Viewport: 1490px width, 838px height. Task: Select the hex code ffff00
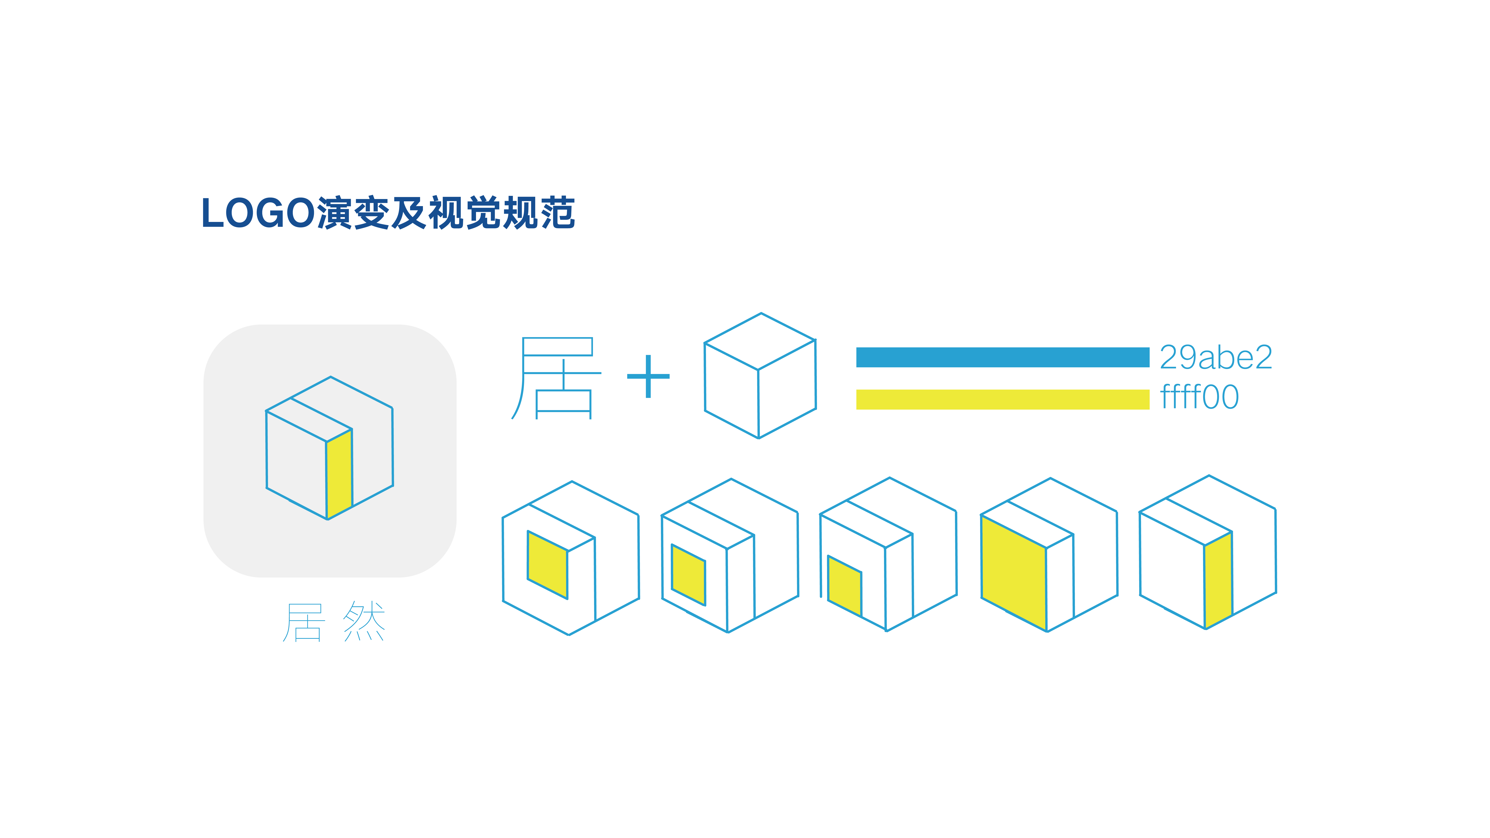pyautogui.click(x=1199, y=397)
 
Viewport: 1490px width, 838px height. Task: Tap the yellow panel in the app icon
pyautogui.click(x=339, y=474)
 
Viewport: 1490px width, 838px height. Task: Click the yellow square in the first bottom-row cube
pyautogui.click(x=547, y=565)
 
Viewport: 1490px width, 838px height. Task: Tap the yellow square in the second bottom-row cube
pyautogui.click(x=688, y=575)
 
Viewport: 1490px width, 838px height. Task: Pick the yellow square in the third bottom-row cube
pyautogui.click(x=845, y=586)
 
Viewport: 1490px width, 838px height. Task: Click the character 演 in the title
pyautogui.click(x=334, y=213)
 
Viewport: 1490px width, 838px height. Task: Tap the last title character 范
pyautogui.click(x=557, y=213)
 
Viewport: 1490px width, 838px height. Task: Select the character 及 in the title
pyautogui.click(x=408, y=213)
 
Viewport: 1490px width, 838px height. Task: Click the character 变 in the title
pyautogui.click(x=371, y=213)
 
